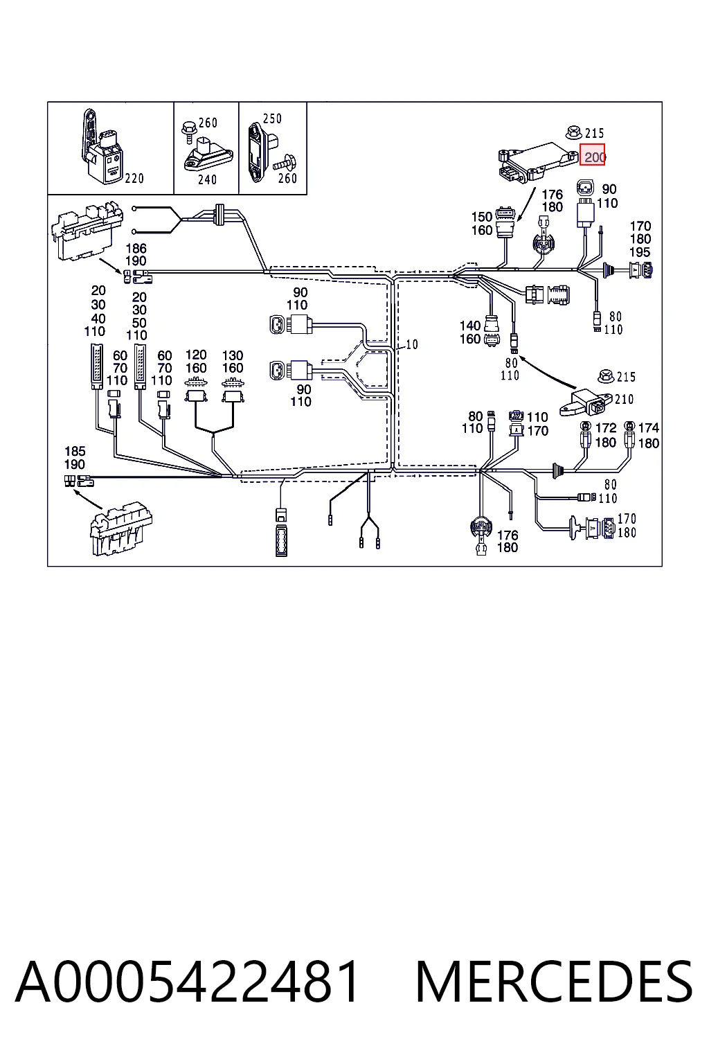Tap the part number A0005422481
[187, 982]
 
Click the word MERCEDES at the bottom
[554, 982]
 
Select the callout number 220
[134, 179]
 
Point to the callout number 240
[207, 180]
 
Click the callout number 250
[272, 118]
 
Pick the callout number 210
[624, 400]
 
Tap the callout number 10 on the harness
[412, 344]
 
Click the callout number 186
[136, 249]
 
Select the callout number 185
[75, 451]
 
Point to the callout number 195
[640, 252]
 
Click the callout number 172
[605, 428]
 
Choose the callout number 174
[648, 428]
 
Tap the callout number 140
[470, 326]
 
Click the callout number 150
[481, 217]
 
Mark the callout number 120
[196, 355]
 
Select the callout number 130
[233, 355]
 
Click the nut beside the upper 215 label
[573, 132]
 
